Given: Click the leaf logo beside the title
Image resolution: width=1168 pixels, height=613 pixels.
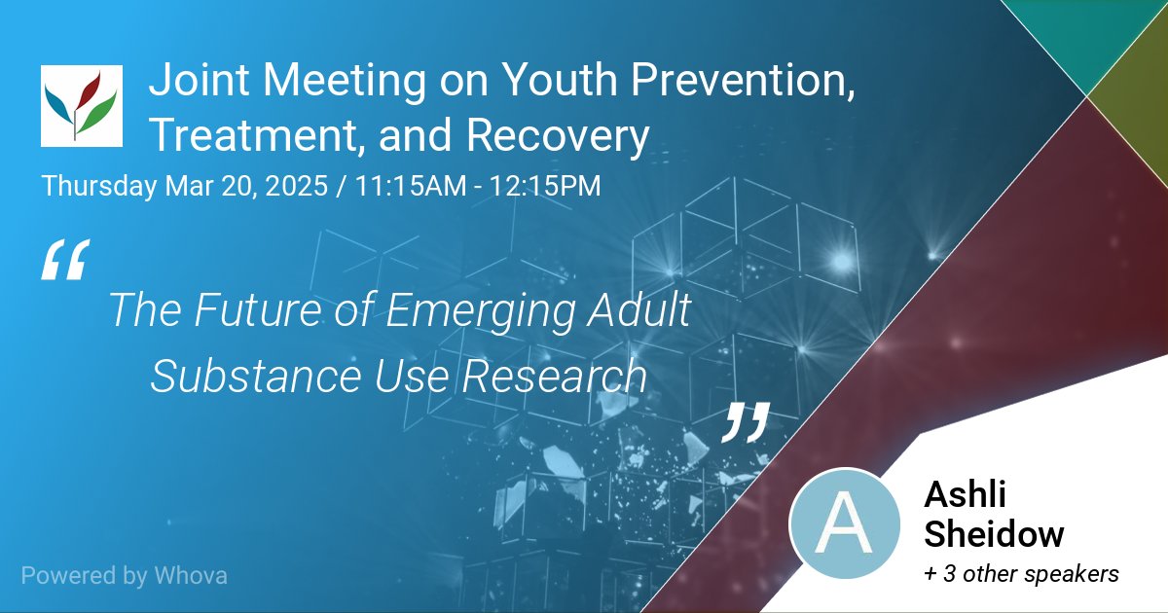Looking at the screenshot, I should (82, 106).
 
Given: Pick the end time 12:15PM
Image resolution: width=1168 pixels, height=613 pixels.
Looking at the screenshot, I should (544, 185).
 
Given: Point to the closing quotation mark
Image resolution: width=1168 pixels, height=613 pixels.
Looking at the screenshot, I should (747, 421).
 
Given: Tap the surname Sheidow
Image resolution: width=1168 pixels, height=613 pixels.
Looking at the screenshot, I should (994, 534).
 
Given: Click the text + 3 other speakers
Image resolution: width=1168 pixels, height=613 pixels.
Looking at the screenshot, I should (1021, 575).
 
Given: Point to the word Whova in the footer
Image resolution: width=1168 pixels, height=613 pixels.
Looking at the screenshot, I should (191, 575).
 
